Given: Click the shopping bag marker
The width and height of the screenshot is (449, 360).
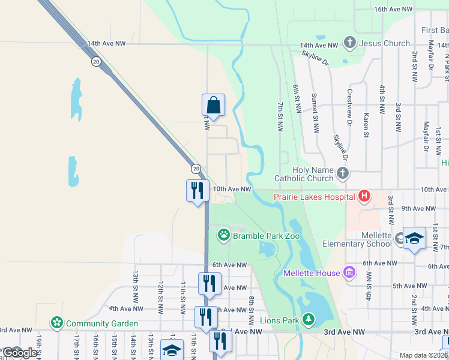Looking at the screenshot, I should tap(213, 105).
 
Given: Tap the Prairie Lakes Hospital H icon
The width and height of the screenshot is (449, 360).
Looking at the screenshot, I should tap(363, 196).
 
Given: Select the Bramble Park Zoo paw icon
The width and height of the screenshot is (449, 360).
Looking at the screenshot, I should tap(224, 235).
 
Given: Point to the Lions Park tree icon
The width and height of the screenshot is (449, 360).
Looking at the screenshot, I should tap(309, 320).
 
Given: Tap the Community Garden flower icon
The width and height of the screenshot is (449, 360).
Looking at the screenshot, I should tap(57, 323).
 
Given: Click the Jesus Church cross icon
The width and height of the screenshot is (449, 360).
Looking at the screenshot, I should tap(349, 43).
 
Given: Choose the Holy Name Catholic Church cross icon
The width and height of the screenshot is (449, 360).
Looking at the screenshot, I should tap(342, 173).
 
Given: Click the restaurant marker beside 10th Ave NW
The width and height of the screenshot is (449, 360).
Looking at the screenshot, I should tap(197, 191).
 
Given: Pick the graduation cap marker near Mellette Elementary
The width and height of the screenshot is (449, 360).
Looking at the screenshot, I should tap(414, 238).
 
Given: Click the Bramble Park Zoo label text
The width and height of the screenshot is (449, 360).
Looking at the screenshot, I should tap(266, 236).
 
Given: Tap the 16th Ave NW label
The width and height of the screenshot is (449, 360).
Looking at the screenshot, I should tap(394, 10).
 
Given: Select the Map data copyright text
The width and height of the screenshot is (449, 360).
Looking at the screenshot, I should tap(423, 355).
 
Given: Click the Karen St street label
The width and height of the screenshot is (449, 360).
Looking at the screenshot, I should tap(366, 124).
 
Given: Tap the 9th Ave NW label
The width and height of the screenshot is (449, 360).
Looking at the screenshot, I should tap(418, 208).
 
